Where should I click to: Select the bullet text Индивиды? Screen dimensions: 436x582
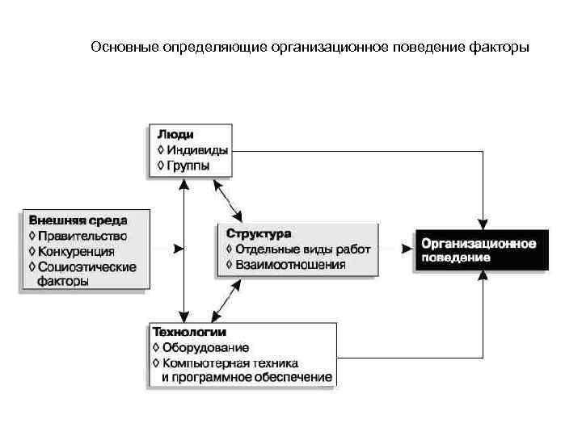pos(197,150)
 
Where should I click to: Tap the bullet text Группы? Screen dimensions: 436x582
pos(188,166)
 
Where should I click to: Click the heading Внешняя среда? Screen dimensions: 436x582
pos(78,220)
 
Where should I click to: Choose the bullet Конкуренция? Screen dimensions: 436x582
pos(79,251)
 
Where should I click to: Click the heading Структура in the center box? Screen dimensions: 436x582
pos(259,233)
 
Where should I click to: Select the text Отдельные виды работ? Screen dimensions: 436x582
pos(303,249)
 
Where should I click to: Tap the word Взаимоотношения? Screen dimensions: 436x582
pos(290,265)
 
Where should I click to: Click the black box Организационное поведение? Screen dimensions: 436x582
pos(481,249)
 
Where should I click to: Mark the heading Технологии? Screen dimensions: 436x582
pos(190,332)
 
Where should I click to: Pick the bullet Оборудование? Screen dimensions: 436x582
pos(205,348)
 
